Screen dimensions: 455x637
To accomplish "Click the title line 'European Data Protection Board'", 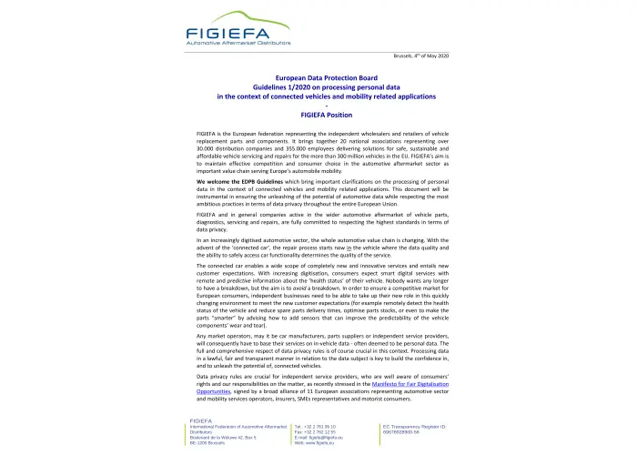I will click(x=318, y=80).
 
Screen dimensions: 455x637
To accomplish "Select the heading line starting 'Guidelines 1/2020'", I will click(x=318, y=88).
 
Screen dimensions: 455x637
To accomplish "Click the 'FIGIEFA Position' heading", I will click(x=318, y=115).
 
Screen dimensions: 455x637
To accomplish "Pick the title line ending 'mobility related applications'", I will click(x=318, y=96).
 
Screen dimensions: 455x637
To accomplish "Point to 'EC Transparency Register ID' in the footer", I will click(x=420, y=425).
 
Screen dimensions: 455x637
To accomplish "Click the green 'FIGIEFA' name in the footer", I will click(x=200, y=420).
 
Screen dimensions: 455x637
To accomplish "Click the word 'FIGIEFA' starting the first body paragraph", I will click(x=208, y=133).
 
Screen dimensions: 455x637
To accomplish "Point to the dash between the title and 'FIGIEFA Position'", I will click(x=318, y=106).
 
